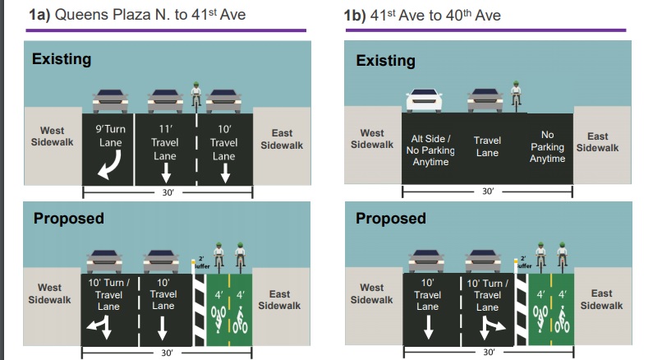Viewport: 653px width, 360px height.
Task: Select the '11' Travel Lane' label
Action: point(167,141)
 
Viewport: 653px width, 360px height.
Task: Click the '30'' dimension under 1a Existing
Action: point(167,192)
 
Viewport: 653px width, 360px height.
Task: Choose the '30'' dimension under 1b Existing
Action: point(486,192)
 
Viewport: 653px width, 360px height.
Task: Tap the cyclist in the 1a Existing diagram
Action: point(196,95)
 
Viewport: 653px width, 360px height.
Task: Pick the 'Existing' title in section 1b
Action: point(385,60)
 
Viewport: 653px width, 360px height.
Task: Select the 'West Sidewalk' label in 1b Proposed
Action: point(371,293)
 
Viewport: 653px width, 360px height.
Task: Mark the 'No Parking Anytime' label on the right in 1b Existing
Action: point(548,146)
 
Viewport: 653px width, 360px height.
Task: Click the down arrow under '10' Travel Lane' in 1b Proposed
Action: point(428,328)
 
